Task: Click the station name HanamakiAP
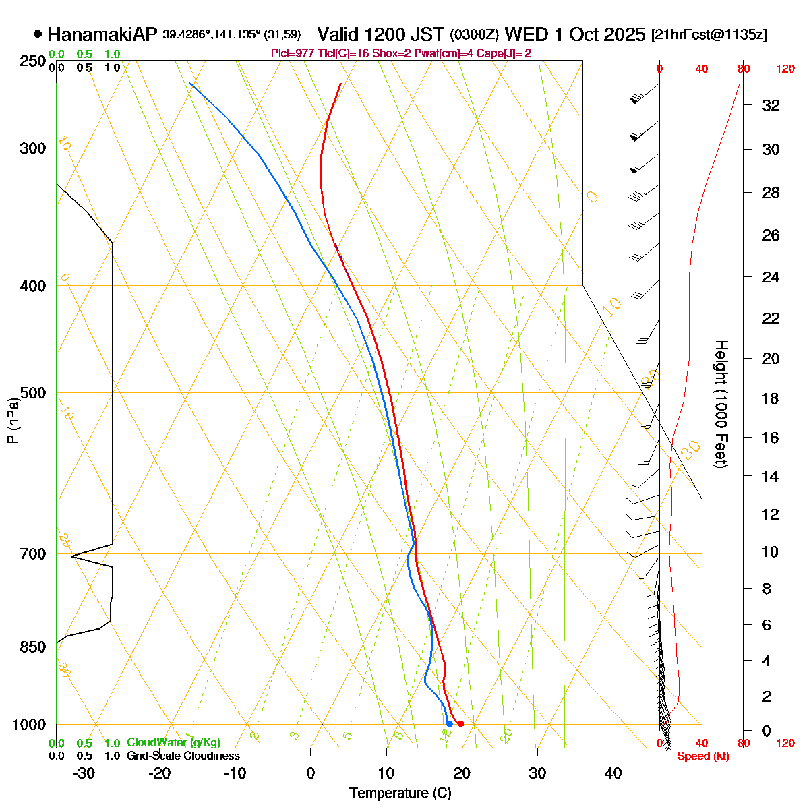pyautogui.click(x=102, y=34)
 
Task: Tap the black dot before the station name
pyautogui.click(x=38, y=34)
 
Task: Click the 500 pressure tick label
pyautogui.click(x=33, y=392)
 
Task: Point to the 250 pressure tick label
pyautogui.click(x=33, y=61)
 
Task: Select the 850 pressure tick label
pyautogui.click(x=33, y=647)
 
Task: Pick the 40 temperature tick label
pyautogui.click(x=612, y=773)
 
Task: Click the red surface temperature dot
pyautogui.click(x=460, y=724)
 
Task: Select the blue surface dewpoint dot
pyautogui.click(x=449, y=723)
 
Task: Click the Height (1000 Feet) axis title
pyautogui.click(x=721, y=404)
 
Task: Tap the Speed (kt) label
pyautogui.click(x=703, y=756)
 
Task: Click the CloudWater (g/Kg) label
pyautogui.click(x=173, y=743)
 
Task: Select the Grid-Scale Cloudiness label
pyautogui.click(x=183, y=756)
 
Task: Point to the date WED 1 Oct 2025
pyautogui.click(x=574, y=34)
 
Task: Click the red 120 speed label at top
pyautogui.click(x=785, y=69)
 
